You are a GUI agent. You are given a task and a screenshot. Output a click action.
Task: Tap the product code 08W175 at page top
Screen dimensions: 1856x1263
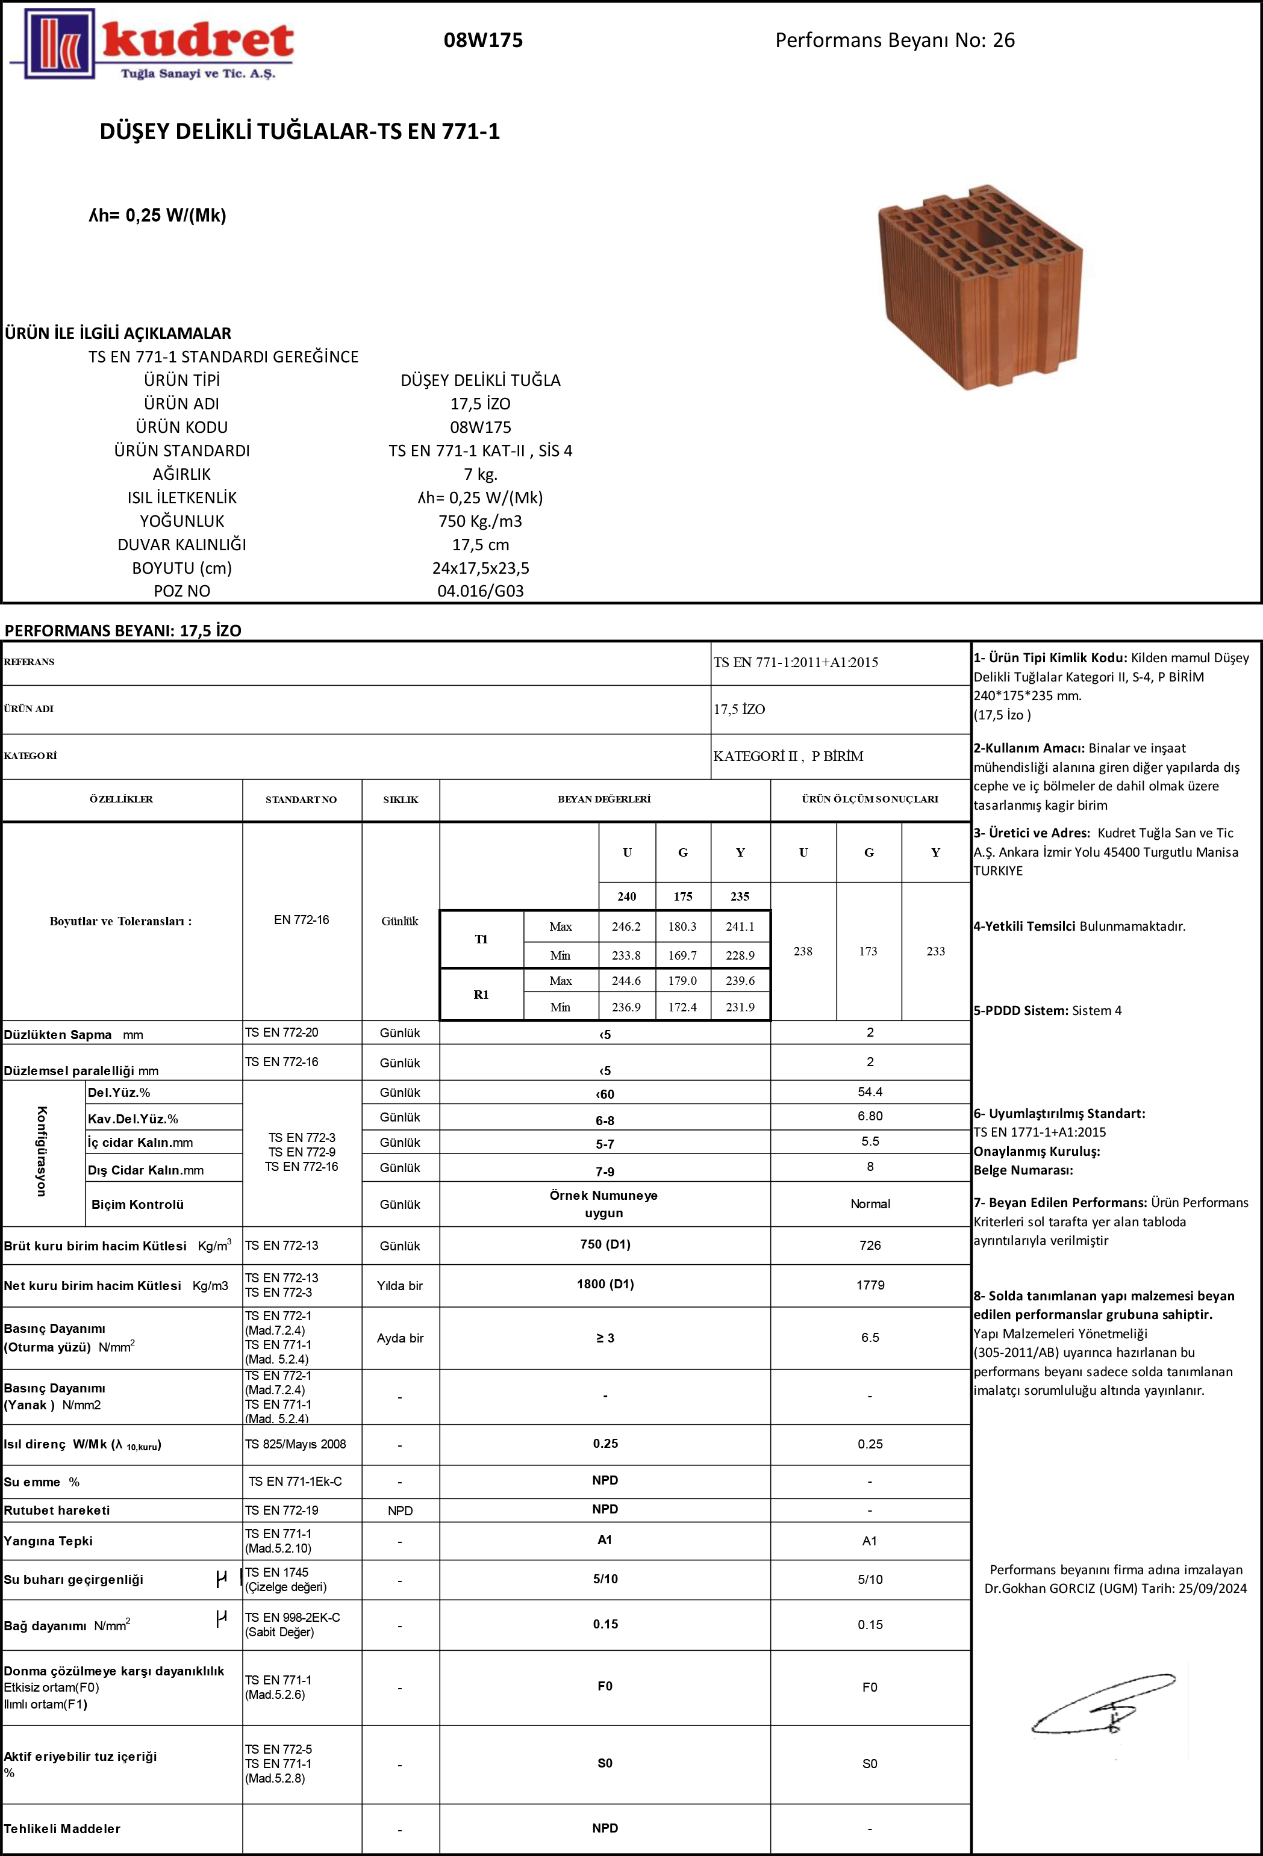pyautogui.click(x=483, y=40)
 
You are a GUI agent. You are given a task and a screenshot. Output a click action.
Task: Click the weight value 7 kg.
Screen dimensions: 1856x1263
pyautogui.click(x=480, y=474)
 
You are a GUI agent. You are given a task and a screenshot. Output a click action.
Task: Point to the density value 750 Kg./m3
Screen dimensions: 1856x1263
pyautogui.click(x=480, y=521)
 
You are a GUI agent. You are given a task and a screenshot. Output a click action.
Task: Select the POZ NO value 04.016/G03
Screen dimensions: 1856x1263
pyautogui.click(x=480, y=592)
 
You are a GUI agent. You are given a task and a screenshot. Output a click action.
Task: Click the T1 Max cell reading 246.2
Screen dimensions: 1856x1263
pyautogui.click(x=626, y=927)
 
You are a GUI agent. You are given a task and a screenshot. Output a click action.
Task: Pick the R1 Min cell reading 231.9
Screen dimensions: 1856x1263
pyautogui.click(x=740, y=1007)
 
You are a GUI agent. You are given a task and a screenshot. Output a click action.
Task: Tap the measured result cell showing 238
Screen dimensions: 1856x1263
pyautogui.click(x=803, y=951)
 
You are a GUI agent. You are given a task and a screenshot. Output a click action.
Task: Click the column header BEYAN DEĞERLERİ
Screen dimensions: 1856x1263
pyautogui.click(x=604, y=799)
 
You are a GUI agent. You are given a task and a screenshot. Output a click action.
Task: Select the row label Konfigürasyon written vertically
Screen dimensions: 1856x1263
pyautogui.click(x=42, y=1151)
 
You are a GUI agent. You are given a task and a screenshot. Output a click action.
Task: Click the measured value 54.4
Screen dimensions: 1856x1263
pyautogui.click(x=870, y=1091)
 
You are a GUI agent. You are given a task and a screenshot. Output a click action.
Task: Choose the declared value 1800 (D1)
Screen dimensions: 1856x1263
pyautogui.click(x=605, y=1284)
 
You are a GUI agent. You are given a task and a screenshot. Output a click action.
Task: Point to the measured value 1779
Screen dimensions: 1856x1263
pyautogui.click(x=870, y=1285)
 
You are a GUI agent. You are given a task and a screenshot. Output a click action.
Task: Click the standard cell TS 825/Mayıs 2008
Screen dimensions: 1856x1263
pyautogui.click(x=296, y=1444)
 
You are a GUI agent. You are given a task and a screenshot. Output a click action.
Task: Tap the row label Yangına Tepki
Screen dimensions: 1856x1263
pyautogui.click(x=48, y=1541)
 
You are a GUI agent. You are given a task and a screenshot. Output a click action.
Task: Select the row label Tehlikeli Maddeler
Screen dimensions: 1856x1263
pyautogui.click(x=62, y=1829)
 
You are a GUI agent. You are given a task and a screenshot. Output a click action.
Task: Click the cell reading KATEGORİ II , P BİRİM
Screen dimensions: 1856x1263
pyautogui.click(x=788, y=756)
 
